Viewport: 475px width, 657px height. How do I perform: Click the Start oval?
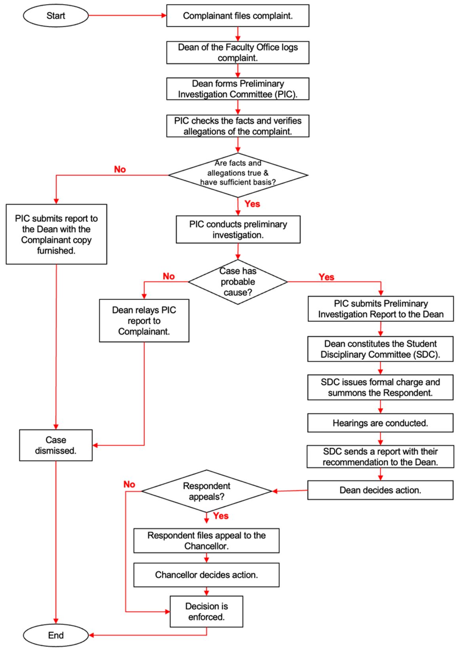[x=56, y=16]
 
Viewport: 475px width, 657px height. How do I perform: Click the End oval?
[x=56, y=635]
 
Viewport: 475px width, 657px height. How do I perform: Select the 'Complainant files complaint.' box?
[x=237, y=16]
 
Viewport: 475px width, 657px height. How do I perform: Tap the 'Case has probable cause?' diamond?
[x=237, y=282]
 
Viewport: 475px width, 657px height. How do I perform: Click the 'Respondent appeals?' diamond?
[x=207, y=491]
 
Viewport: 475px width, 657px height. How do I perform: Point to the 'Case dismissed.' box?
[x=56, y=445]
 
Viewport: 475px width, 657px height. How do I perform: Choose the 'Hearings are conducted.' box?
[x=380, y=423]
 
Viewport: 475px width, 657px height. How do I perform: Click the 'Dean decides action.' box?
[x=380, y=490]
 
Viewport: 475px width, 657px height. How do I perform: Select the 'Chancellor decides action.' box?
[x=206, y=575]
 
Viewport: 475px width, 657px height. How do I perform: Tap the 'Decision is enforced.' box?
[x=206, y=611]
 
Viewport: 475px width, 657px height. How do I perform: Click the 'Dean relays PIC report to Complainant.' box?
[x=144, y=321]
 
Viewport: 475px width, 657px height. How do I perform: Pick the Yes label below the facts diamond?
[x=252, y=204]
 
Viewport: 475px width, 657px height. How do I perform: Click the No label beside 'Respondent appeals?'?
[x=129, y=485]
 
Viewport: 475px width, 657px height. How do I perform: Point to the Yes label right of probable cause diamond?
[x=326, y=277]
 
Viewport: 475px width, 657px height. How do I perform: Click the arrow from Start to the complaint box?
[x=127, y=16]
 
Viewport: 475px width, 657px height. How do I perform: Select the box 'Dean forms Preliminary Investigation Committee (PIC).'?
[x=237, y=89]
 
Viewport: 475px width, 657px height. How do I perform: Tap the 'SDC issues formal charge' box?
[x=380, y=387]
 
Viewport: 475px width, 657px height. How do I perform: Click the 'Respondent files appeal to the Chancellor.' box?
[x=206, y=540]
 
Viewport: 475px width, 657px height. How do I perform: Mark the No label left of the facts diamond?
[x=120, y=169]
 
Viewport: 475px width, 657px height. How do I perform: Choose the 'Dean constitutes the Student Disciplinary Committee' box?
[x=380, y=349]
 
